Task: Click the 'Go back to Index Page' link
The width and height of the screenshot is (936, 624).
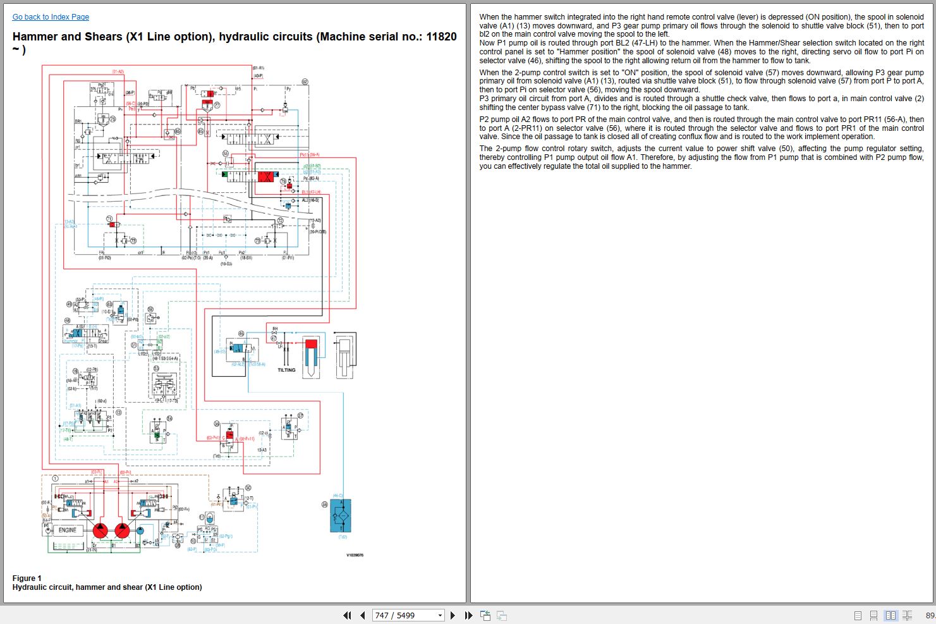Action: [51, 17]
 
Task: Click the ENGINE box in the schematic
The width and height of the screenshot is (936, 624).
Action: [67, 530]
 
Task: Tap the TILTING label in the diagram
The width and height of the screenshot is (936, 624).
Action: [286, 370]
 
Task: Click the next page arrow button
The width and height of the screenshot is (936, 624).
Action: [453, 615]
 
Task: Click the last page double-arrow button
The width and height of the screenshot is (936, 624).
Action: [468, 615]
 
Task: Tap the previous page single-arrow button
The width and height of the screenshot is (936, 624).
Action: [362, 615]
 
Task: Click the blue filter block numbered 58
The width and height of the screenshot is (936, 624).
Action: [341, 515]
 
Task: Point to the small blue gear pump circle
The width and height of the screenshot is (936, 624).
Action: [140, 530]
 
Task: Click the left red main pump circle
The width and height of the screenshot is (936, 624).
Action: [100, 530]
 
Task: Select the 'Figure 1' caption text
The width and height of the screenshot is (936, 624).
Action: [27, 578]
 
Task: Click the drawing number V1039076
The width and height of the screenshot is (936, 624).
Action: [354, 555]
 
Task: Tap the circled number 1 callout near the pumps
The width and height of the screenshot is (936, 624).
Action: [55, 479]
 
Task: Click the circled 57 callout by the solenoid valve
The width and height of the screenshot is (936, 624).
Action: [300, 415]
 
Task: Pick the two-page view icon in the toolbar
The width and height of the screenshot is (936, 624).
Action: [890, 615]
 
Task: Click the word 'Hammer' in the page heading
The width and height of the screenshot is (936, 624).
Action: [35, 37]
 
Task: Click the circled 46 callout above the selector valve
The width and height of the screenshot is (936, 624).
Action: [241, 333]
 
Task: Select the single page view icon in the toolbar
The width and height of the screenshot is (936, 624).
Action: [858, 615]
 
